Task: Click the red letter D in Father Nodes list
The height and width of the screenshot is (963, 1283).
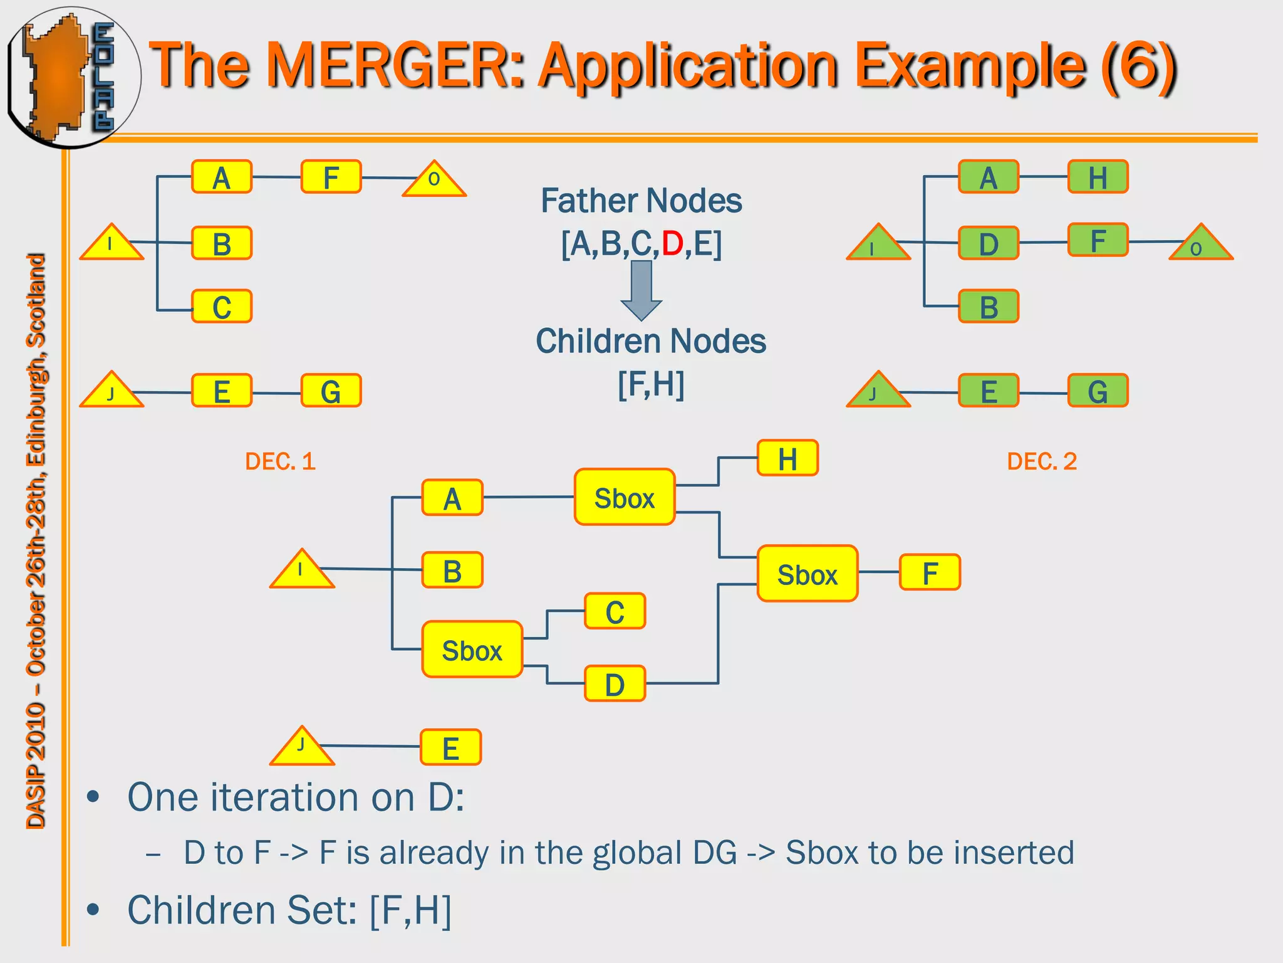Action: [x=672, y=243]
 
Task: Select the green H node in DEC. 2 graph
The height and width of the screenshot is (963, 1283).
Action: [x=1098, y=177]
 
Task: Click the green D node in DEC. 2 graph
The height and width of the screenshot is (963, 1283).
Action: [x=989, y=243]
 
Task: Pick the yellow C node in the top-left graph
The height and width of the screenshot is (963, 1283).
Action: [x=222, y=307]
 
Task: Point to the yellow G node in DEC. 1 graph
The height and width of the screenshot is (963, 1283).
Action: [x=331, y=391]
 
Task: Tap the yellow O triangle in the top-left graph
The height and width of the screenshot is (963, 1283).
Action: [x=434, y=181]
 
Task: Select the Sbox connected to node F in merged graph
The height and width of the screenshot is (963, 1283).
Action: [x=807, y=574]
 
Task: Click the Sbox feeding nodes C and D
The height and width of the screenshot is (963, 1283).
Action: [x=472, y=650]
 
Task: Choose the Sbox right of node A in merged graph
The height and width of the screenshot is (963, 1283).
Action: [x=624, y=498]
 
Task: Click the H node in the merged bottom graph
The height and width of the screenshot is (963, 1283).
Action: [x=787, y=458]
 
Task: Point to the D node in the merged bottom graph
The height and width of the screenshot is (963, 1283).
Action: [x=615, y=684]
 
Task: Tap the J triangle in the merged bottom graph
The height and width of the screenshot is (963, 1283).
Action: [x=302, y=747]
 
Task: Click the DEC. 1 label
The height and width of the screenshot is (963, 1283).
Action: [x=280, y=461]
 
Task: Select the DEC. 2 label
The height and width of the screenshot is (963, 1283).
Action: [x=1041, y=461]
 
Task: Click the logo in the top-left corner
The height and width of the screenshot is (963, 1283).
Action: [x=72, y=76]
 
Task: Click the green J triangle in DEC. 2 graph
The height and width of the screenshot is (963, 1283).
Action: [x=878, y=391]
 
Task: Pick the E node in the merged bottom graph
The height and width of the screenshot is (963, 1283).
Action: [x=450, y=747]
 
